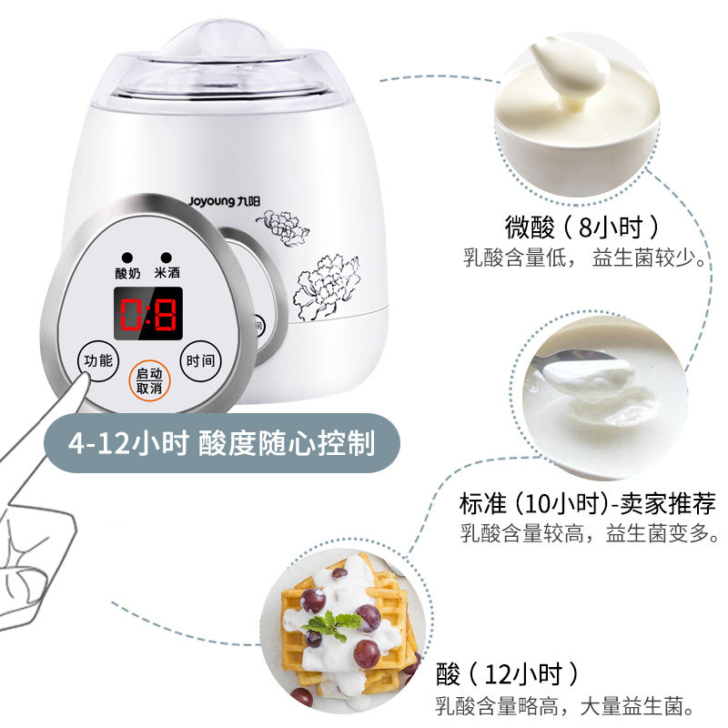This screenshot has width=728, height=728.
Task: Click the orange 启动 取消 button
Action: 148,381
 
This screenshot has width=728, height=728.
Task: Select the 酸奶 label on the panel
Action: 127,273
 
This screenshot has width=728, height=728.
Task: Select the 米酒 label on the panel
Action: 167,273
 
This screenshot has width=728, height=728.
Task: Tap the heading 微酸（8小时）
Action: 582,226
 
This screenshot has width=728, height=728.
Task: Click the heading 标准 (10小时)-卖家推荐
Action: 588,503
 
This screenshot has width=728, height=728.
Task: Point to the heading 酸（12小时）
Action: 507,674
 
